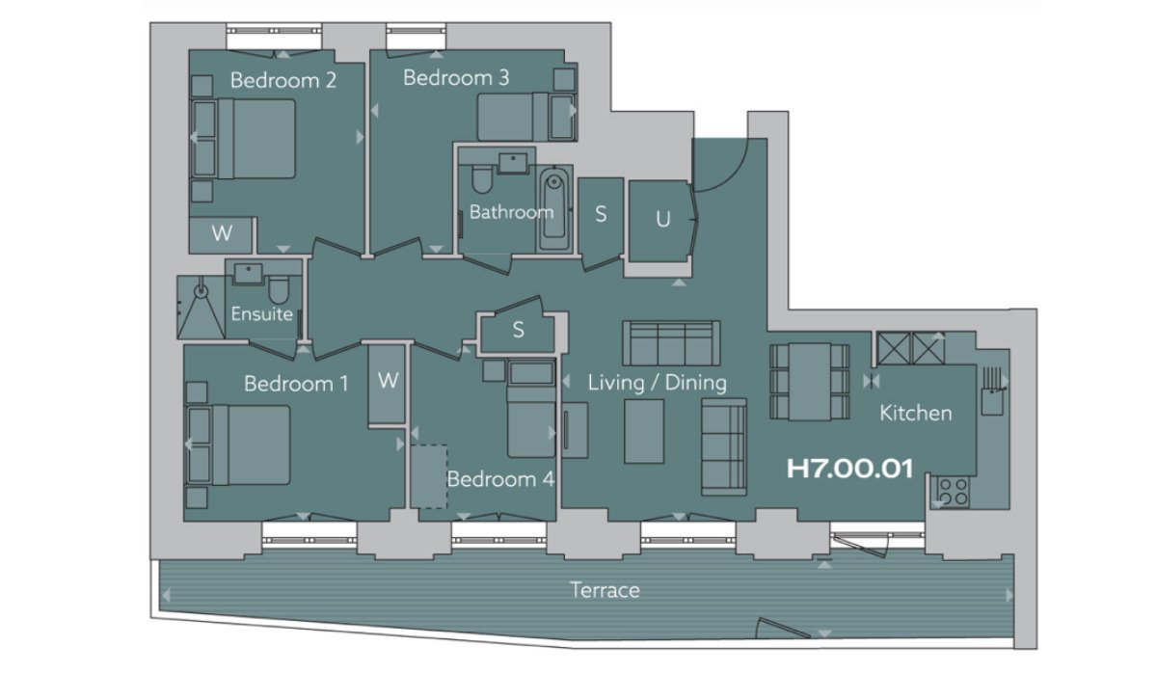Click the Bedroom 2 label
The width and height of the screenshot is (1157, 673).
283,80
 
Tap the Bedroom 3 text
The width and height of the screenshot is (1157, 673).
456,77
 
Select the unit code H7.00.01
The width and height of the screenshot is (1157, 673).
849,469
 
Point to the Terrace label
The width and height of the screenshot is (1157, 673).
605,590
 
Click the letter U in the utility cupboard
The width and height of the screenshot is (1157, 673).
663,220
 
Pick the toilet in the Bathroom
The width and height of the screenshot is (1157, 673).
482,178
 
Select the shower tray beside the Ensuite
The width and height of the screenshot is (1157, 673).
202,308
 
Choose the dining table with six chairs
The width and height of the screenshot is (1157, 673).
809,382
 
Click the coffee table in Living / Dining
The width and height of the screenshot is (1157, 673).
644,431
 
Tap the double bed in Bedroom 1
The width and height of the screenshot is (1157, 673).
240,445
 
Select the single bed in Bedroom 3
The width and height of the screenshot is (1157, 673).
525,117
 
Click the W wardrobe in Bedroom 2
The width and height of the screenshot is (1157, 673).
221,234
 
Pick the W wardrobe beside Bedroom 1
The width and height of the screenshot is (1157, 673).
387,384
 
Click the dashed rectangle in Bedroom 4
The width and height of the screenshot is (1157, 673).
429,476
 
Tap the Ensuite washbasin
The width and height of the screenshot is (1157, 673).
249,273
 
